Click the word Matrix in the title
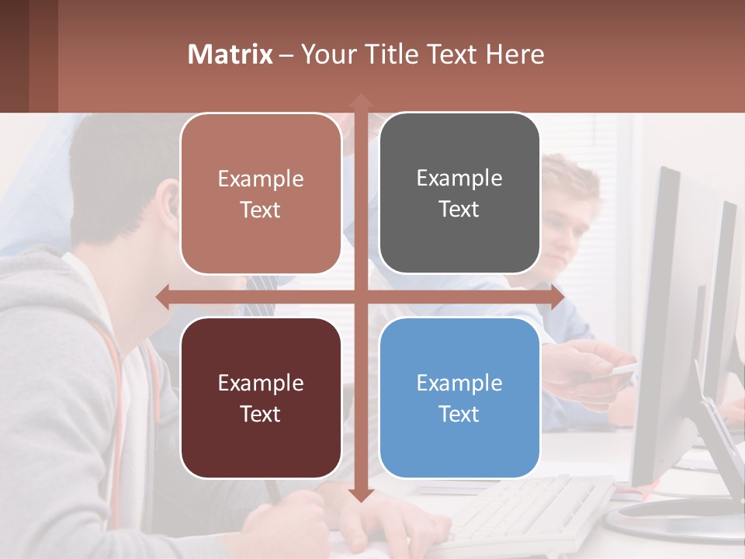point(230,54)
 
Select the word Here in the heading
point(516,54)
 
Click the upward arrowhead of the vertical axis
point(360,101)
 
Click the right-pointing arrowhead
point(557,297)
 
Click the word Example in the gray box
point(459,179)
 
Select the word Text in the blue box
point(459,415)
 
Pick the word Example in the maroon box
point(261,383)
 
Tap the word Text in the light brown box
point(261,210)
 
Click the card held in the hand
point(617,371)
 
